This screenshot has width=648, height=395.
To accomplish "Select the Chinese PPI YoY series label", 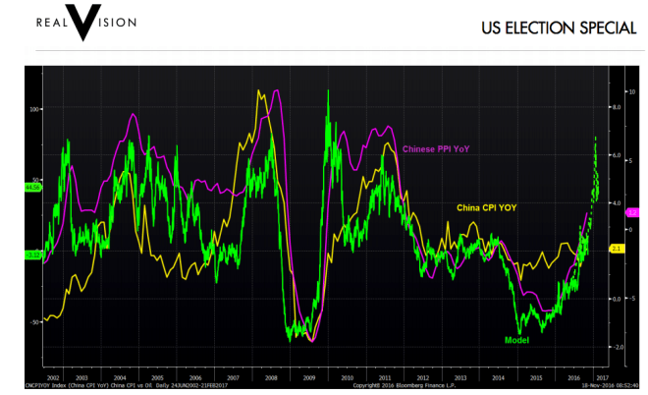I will pyautogui.click(x=436, y=149).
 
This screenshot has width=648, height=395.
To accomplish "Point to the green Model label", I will pyautogui.click(x=517, y=339).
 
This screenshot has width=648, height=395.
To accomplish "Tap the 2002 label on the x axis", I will pyautogui.click(x=54, y=377).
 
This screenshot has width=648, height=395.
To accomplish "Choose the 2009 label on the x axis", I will pyautogui.click(x=309, y=377).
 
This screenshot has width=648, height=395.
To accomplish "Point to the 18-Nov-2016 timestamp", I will pyautogui.click(x=612, y=386).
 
